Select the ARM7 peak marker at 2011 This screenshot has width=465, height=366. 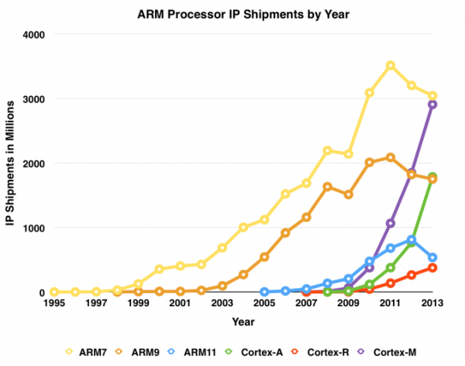click(391, 65)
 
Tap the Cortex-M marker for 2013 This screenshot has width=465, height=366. click(432, 105)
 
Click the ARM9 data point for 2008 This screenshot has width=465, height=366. click(328, 187)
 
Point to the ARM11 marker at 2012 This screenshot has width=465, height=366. click(412, 240)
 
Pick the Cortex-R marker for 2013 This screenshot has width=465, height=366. click(432, 268)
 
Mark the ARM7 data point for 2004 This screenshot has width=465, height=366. click(243, 227)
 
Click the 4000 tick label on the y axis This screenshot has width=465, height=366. click(31, 35)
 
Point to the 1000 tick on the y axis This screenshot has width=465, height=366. click(31, 228)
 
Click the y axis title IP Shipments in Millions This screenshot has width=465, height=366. click(12, 163)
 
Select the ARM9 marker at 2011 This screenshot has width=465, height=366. click(391, 157)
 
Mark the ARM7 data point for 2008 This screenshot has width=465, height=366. click(328, 150)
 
